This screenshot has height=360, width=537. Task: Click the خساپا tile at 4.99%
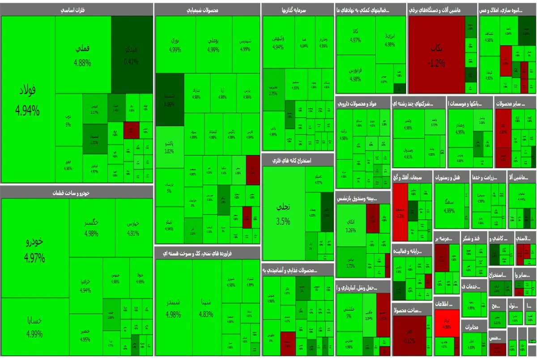pos(35,327)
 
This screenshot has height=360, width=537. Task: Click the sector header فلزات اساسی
pos(77,9)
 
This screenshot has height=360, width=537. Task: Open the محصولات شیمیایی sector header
pos(207,9)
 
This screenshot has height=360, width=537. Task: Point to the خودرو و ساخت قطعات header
pos(77,192)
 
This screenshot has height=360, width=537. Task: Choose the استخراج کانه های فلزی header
pos(298,160)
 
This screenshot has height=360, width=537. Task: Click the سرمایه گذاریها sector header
pos(298,9)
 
